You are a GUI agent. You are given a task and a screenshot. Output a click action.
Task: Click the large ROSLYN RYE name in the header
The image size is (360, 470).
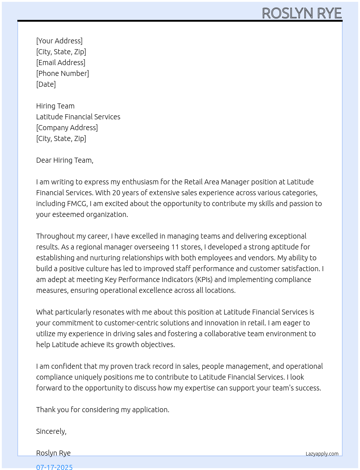(x=302, y=13)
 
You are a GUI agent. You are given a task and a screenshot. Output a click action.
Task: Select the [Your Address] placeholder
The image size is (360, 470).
(x=59, y=41)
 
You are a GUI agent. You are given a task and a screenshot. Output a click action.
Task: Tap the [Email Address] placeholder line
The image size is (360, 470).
(x=61, y=63)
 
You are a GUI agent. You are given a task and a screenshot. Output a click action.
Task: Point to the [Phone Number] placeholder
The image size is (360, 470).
(x=63, y=73)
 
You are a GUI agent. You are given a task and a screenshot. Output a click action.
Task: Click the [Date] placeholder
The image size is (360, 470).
(x=46, y=84)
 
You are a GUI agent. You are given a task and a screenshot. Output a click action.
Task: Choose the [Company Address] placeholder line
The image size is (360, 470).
(x=67, y=128)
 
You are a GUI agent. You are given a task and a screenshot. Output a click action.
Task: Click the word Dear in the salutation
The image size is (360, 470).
(x=44, y=160)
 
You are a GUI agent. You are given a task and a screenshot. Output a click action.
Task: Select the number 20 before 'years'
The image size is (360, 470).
(x=116, y=193)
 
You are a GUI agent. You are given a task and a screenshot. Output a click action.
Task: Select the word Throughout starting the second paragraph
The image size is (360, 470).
(x=54, y=236)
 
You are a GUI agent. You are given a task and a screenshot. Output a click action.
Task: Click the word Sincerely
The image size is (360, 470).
(x=51, y=431)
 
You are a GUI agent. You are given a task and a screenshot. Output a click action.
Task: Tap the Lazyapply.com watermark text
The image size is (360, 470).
(x=322, y=454)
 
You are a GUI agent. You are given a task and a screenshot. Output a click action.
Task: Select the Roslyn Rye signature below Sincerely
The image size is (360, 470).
(x=53, y=453)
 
